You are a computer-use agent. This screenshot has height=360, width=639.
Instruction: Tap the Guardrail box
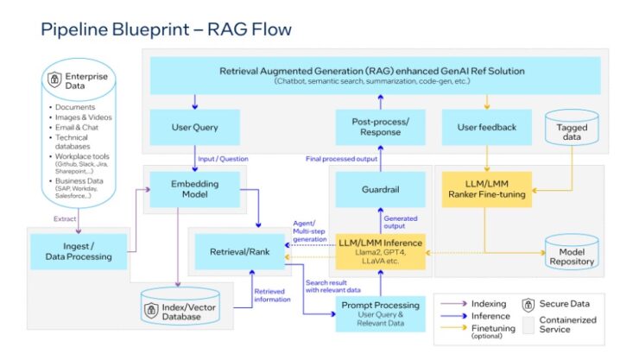pyautogui.click(x=382, y=189)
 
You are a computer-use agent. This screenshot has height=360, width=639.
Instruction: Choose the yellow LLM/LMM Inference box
pyautogui.click(x=381, y=249)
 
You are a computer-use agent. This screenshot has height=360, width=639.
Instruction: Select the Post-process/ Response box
pyautogui.click(x=381, y=127)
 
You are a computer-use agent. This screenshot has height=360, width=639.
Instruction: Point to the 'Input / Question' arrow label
pyautogui.click(x=219, y=158)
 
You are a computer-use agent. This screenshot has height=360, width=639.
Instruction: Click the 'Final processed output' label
pyautogui.click(x=342, y=158)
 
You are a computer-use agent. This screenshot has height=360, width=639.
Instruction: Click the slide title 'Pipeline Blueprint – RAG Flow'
pyautogui.click(x=166, y=29)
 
